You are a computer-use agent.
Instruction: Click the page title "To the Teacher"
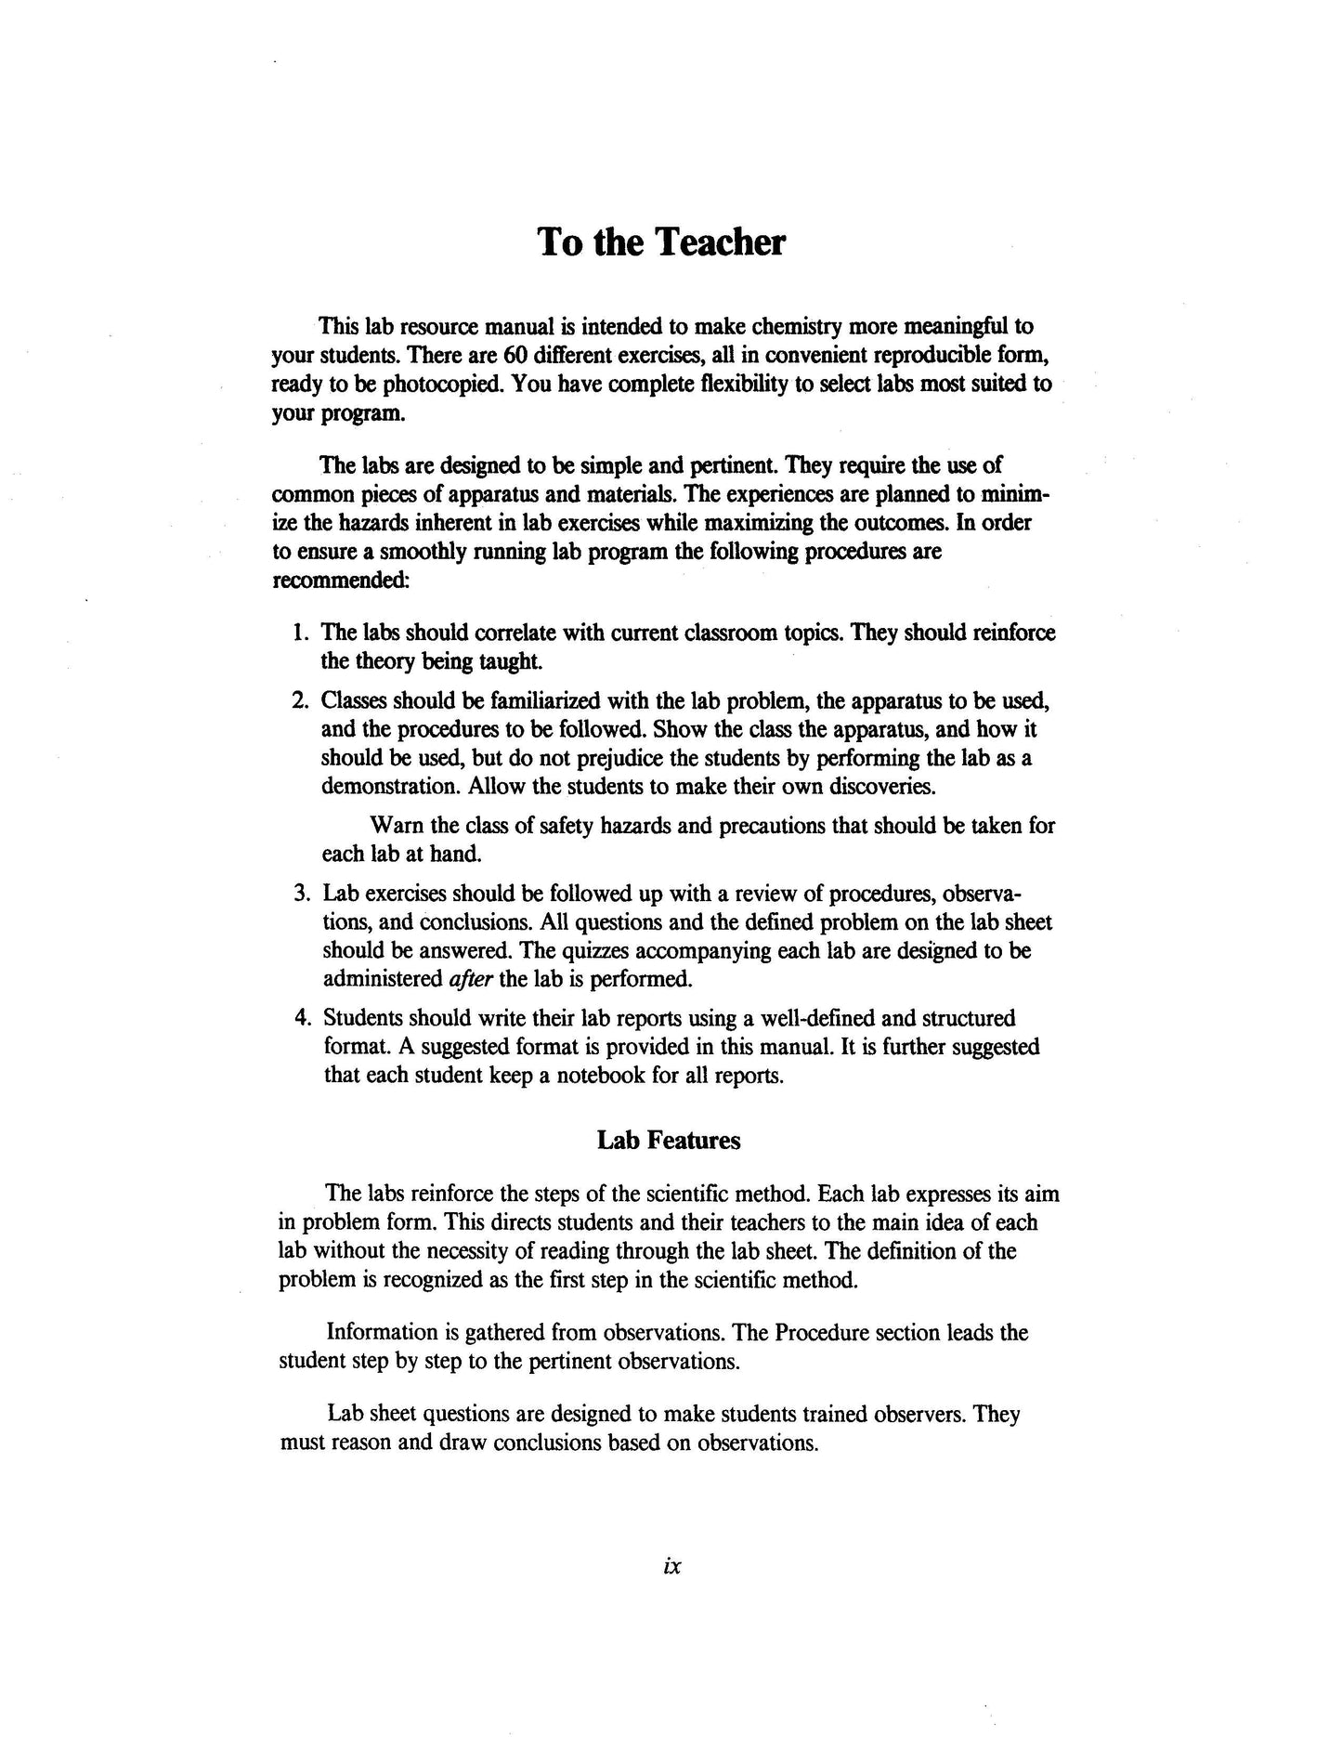point(661,242)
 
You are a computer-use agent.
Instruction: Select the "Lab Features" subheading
point(669,1141)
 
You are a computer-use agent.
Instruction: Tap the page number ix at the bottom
point(673,1566)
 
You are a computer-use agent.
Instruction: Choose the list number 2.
point(299,700)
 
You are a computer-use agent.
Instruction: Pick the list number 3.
point(301,894)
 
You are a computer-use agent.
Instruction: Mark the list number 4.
point(301,1018)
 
